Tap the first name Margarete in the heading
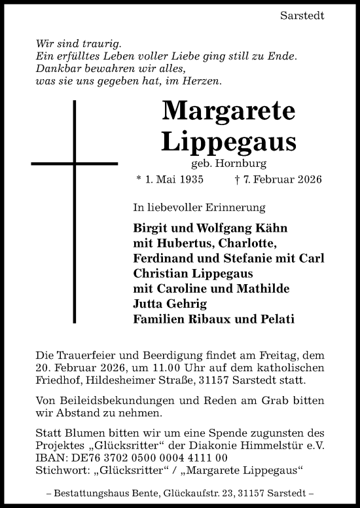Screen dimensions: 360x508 click(228, 111)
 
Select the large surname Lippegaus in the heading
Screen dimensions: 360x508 click(228, 141)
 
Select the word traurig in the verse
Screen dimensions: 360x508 click(104, 44)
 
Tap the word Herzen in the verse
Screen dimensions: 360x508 click(204, 81)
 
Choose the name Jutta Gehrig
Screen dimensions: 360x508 click(170, 305)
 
